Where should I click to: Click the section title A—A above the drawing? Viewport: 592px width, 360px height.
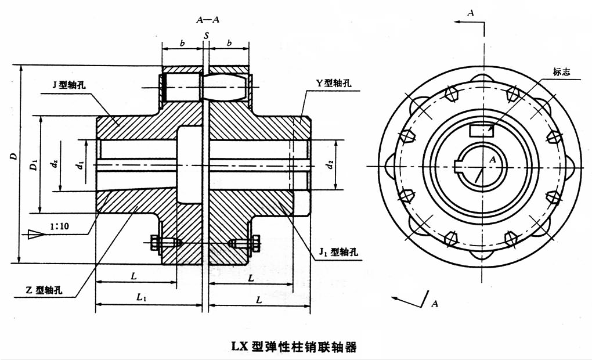(x=208, y=20)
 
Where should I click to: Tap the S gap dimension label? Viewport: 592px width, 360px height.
(x=206, y=36)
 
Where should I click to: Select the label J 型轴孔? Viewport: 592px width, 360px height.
(x=68, y=85)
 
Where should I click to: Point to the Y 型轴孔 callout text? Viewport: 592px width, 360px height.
(x=334, y=83)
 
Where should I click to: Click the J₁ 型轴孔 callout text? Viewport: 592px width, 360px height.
(x=338, y=251)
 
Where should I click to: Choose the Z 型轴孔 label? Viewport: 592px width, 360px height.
(x=44, y=290)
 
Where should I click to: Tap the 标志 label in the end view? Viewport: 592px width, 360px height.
(x=561, y=72)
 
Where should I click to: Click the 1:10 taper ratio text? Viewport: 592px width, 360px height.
(x=60, y=226)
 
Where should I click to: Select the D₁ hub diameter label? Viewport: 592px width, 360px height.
(x=34, y=165)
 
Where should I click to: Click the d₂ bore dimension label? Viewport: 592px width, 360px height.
(x=330, y=164)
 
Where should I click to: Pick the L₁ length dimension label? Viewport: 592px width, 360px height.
(x=141, y=297)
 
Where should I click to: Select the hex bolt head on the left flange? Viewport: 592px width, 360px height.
(x=155, y=243)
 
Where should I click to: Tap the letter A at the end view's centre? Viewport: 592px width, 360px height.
(x=492, y=160)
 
